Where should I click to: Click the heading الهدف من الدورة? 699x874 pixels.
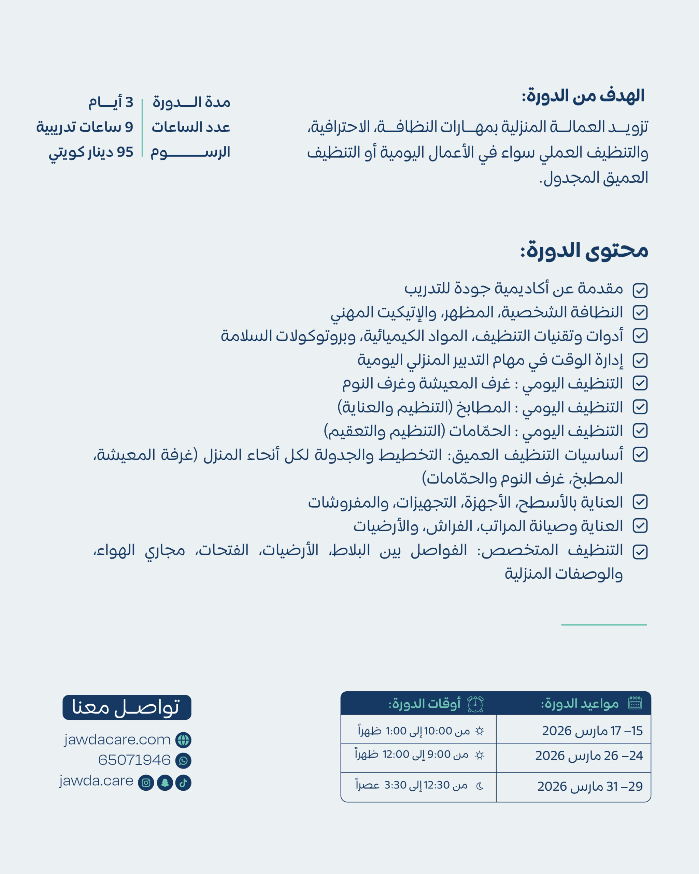coord(583,96)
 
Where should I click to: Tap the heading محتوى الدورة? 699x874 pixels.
coord(584,251)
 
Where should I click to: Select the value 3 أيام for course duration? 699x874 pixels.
coord(111,102)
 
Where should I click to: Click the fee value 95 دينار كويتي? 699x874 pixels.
coord(91,152)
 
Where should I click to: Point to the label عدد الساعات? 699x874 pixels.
coord(190,127)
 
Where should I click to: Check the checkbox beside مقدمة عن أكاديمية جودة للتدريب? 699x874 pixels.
coord(640,290)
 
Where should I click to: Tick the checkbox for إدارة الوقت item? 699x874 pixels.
coord(640,361)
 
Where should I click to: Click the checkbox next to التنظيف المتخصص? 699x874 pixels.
coord(640,552)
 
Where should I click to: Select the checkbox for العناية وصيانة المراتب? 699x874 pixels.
coord(640,526)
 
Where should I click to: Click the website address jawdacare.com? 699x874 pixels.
coord(117,739)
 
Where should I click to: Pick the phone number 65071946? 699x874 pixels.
coord(134,760)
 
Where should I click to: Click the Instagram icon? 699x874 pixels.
coord(146,783)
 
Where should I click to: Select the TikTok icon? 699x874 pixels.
coord(183,783)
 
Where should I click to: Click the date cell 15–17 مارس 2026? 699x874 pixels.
coord(592,731)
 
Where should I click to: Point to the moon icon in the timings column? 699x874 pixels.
coord(480,786)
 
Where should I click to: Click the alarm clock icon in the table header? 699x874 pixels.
coord(475,704)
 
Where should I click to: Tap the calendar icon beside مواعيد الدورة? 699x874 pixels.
coord(635,703)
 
